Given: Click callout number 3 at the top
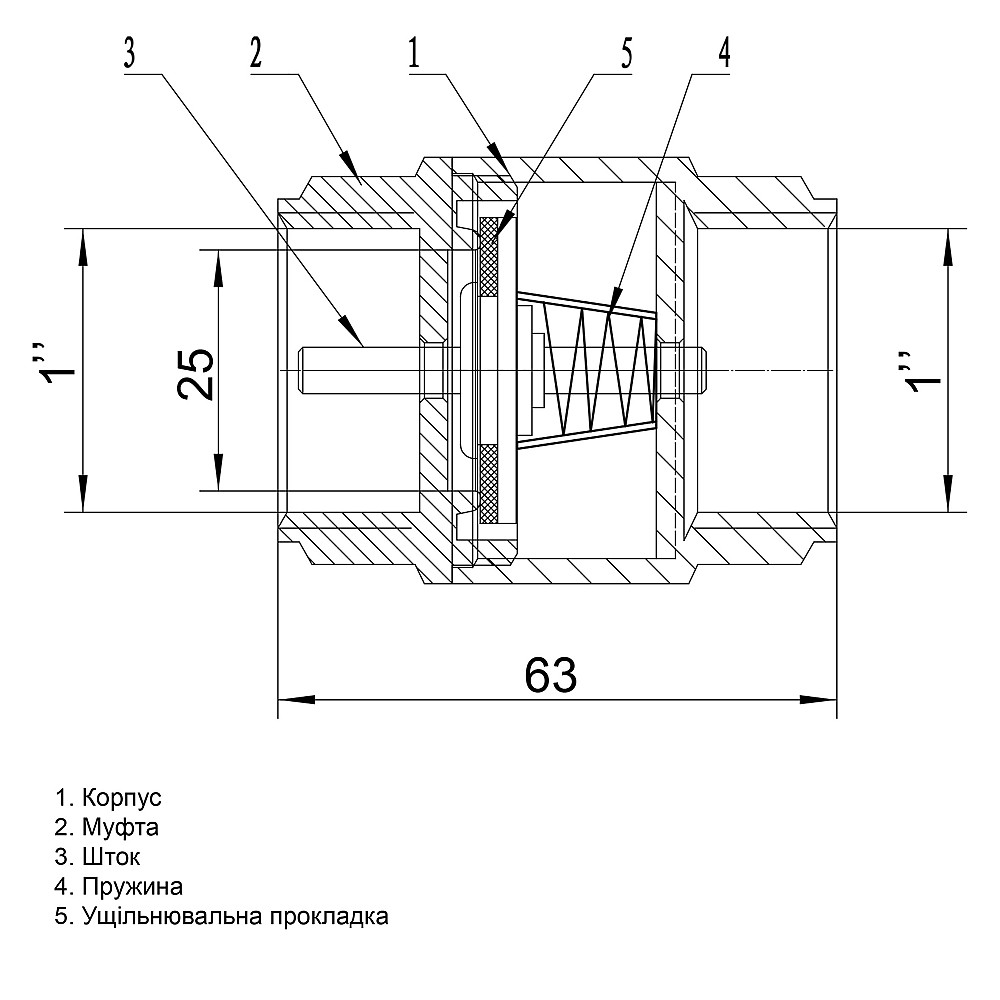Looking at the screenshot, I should tap(129, 53).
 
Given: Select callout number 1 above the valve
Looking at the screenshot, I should tap(413, 53).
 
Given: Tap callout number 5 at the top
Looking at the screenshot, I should tap(627, 53).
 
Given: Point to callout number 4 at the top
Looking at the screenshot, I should tap(723, 53).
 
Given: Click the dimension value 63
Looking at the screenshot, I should tap(551, 677).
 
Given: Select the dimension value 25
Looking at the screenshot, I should tap(197, 372).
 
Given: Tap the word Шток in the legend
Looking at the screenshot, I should tap(112, 857).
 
